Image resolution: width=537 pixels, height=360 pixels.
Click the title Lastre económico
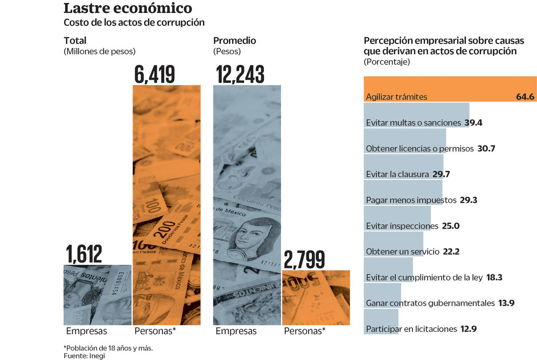[128, 8]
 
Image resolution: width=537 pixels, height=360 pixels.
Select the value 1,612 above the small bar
[84, 254]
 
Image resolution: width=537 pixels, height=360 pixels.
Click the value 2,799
[304, 260]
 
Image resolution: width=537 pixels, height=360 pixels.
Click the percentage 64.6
[525, 97]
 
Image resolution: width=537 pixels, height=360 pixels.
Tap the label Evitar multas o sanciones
[413, 123]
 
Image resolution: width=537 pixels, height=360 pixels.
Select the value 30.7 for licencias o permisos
[486, 149]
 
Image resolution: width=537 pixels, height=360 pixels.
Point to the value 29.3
[468, 200]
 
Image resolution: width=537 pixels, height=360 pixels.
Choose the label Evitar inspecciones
[402, 226]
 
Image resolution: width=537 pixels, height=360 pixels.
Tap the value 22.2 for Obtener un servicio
[451, 252]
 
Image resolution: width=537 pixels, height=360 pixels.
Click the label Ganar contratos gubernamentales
[430, 303]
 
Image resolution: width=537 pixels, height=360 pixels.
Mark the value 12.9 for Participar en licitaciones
[468, 329]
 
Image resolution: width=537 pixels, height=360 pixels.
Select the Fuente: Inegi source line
[84, 356]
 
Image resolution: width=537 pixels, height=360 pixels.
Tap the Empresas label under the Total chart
[86, 331]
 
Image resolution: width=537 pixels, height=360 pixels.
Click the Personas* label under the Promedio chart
[305, 331]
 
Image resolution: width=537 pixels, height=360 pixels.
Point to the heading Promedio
[235, 41]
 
